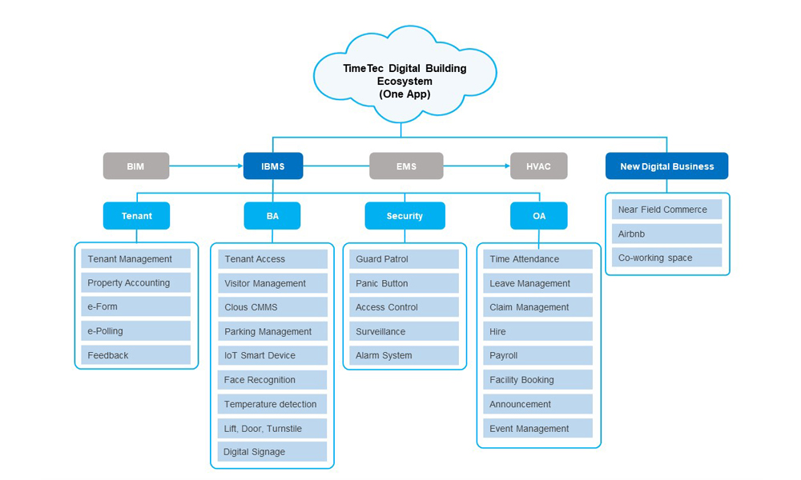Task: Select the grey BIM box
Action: point(136,166)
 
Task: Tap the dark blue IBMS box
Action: point(272,166)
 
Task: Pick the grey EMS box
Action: point(406,166)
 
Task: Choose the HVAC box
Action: point(538,166)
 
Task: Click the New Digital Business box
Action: point(666,166)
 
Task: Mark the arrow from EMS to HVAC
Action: point(477,166)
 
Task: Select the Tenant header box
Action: point(136,216)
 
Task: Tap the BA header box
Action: point(272,216)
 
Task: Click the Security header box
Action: point(405,216)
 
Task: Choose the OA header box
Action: point(538,216)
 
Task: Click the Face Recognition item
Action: point(272,380)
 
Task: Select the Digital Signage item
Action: point(272,452)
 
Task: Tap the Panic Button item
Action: point(404,283)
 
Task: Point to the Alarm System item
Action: point(404,355)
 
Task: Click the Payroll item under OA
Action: point(537,355)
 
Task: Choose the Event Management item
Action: point(537,428)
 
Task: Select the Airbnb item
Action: point(667,234)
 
